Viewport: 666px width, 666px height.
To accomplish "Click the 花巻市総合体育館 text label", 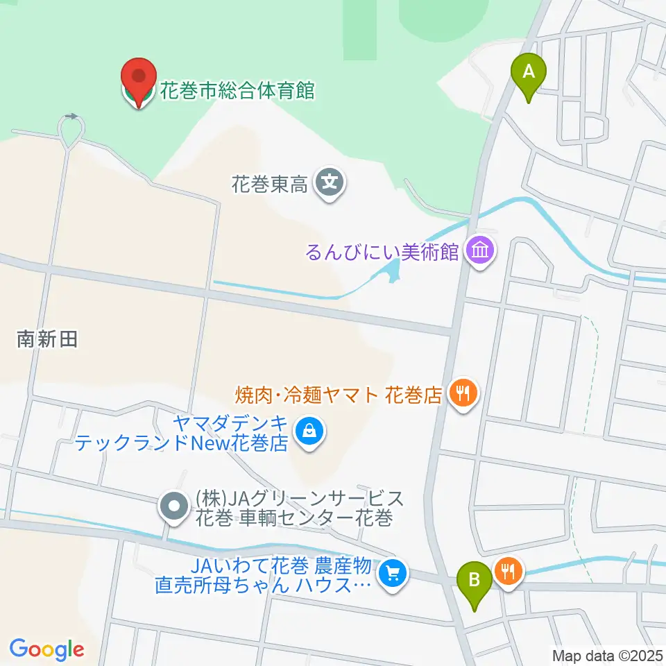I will tap(237, 91).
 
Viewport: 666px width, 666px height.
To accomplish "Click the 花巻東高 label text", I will tap(269, 185).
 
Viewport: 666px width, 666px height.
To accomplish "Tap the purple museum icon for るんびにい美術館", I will tap(480, 250).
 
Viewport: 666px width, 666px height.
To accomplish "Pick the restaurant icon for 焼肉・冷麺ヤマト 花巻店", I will tap(462, 395).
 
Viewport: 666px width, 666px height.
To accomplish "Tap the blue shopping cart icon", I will tap(393, 574).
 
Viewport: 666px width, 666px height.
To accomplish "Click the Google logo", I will tap(46, 649).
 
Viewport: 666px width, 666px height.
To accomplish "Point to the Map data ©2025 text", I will tap(606, 655).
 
